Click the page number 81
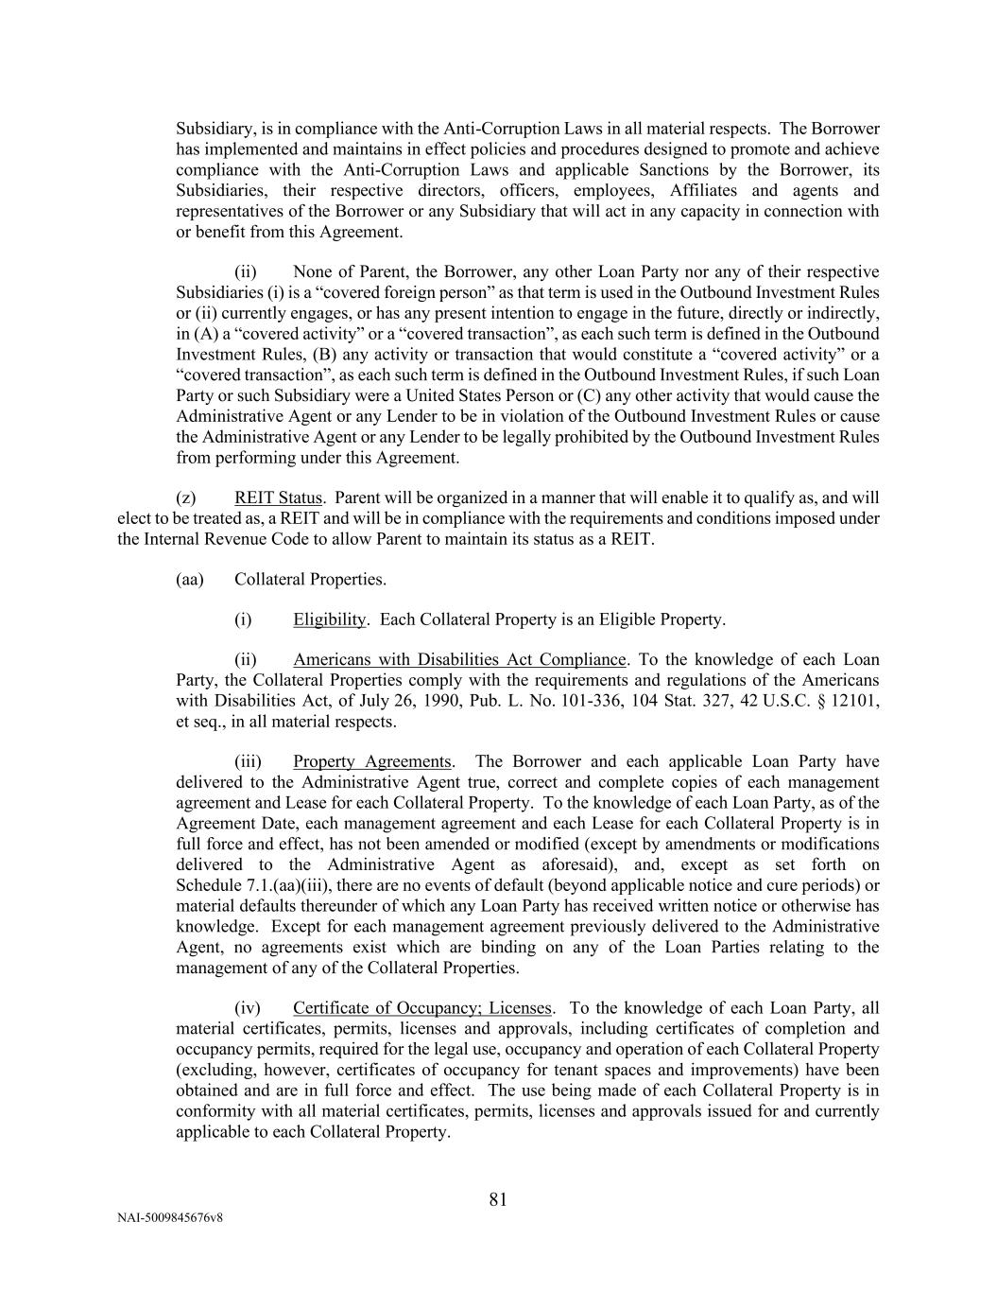coord(498,1199)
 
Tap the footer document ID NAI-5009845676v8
coord(170,1218)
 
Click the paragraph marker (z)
coord(186,497)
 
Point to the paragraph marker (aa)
coord(190,579)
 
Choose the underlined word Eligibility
coord(329,619)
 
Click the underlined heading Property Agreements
coord(372,761)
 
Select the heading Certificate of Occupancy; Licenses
coord(421,1008)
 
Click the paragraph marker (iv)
coord(247,1008)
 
